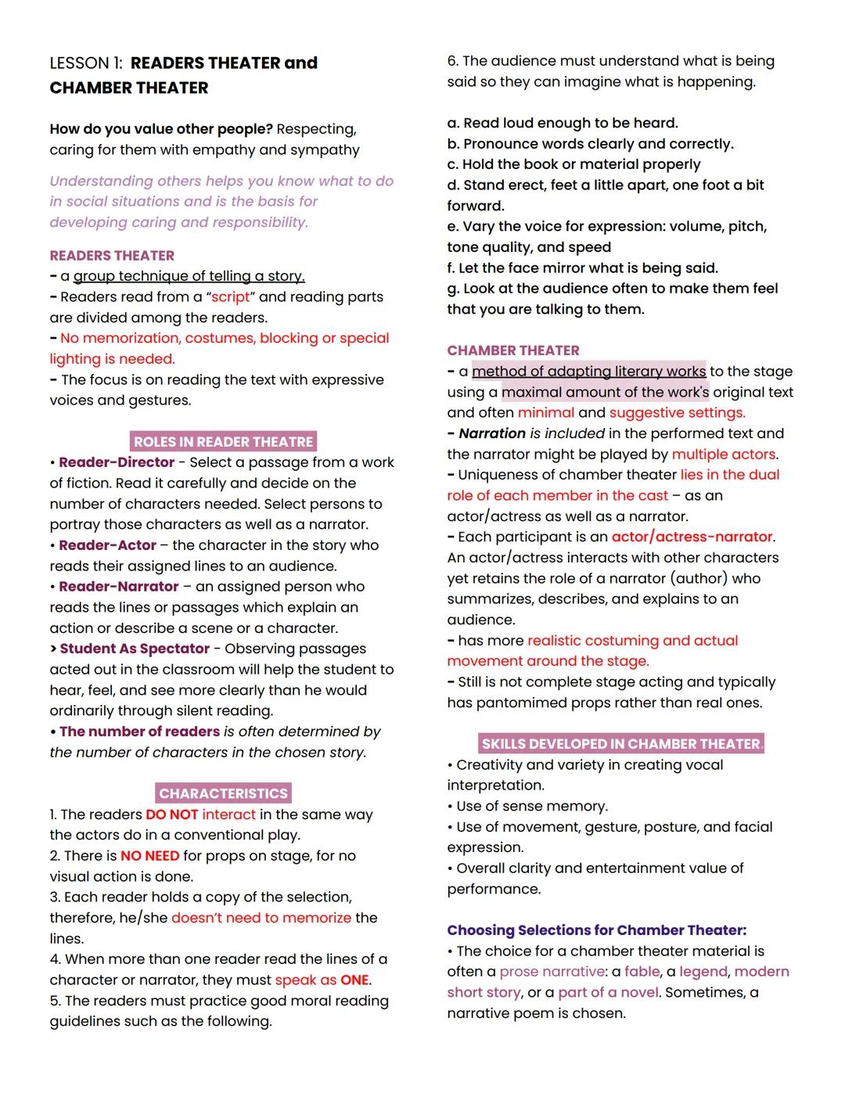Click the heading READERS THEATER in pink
point(112,256)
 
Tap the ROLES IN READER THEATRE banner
point(223,442)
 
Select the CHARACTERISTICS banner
point(223,793)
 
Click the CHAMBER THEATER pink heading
point(513,351)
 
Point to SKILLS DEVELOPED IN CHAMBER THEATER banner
point(621,744)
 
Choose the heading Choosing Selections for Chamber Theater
point(596,930)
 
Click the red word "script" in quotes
point(231,297)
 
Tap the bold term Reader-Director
point(117,462)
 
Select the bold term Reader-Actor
point(108,545)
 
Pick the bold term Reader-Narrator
point(119,587)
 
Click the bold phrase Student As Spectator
point(135,649)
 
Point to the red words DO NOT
point(171,814)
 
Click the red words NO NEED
point(150,856)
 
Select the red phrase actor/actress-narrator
point(692,538)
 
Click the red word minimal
point(545,413)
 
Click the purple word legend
point(704,972)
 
